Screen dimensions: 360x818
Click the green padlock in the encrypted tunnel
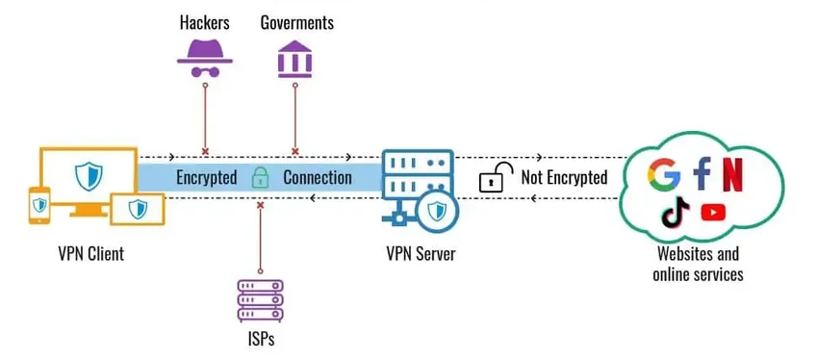coord(259,177)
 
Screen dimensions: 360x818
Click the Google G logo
coord(664,174)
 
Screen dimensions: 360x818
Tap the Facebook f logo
coord(702,174)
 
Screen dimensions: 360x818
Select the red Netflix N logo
coord(733,174)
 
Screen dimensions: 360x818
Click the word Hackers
coord(205,21)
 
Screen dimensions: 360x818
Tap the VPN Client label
coord(89,255)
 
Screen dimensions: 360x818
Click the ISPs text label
coord(260,339)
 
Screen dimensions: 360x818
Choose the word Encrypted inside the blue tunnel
coord(206,178)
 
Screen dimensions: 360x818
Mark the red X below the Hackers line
coord(205,151)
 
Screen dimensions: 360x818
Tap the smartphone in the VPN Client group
coord(39,203)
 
